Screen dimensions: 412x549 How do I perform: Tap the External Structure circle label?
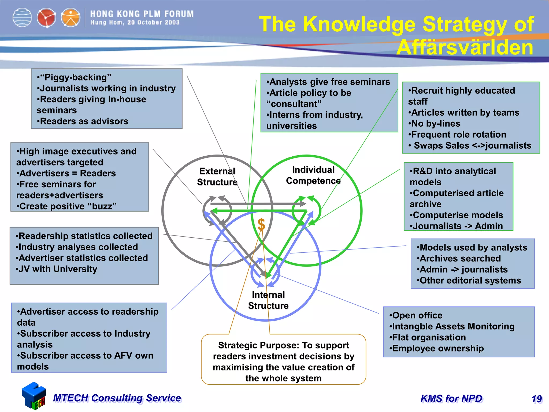pyautogui.click(x=217, y=176)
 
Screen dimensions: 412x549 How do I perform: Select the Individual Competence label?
pyautogui.click(x=313, y=175)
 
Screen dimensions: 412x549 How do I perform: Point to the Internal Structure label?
pyautogui.click(x=268, y=300)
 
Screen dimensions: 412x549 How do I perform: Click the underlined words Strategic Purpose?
pyautogui.click(x=258, y=345)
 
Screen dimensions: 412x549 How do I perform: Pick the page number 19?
pyautogui.click(x=537, y=399)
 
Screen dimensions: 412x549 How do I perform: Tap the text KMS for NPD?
pyautogui.click(x=451, y=399)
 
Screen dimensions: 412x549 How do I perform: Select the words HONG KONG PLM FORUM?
pyautogui.click(x=142, y=14)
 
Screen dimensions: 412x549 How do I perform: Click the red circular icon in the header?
pyautogui.click(x=46, y=18)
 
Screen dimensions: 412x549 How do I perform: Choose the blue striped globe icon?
pyautogui.click(x=22, y=18)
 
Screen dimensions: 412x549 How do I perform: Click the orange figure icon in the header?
pyautogui.click(x=70, y=18)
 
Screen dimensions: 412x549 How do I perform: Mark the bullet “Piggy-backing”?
pyautogui.click(x=74, y=77)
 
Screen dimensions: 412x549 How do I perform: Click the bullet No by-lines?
pyautogui.click(x=434, y=123)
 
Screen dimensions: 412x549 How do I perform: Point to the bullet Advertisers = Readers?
pyautogui.click(x=66, y=173)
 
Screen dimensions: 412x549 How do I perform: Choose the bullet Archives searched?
pyautogui.click(x=459, y=258)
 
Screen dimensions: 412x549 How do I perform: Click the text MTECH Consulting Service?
pyautogui.click(x=117, y=398)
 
